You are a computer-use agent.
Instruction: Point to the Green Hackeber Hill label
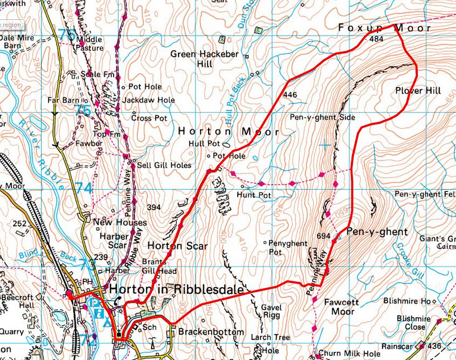(x=200, y=59)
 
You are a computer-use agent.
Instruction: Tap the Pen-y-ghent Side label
(x=322, y=117)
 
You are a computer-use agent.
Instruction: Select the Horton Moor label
(x=229, y=131)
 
